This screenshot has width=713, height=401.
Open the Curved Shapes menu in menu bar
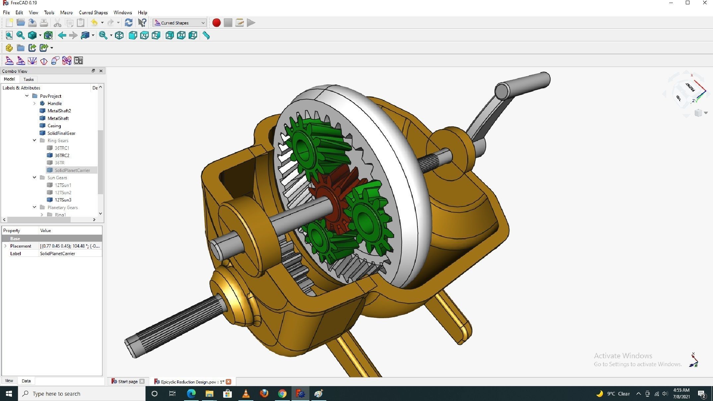[x=93, y=13]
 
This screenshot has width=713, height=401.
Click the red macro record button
[x=216, y=23]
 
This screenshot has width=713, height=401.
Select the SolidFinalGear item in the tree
[x=61, y=133]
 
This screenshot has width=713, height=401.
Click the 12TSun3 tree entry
[x=63, y=200]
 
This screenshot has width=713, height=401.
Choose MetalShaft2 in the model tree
[x=59, y=111]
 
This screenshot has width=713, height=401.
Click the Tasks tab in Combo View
[x=29, y=80]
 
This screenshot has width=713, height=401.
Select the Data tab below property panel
[x=26, y=381]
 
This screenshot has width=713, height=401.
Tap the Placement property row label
[x=21, y=246]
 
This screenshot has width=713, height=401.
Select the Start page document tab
[x=128, y=381]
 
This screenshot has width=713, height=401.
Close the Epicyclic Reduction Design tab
[x=228, y=381]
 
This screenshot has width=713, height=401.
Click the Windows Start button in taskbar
[x=9, y=394]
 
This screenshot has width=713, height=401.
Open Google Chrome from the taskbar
[x=282, y=394]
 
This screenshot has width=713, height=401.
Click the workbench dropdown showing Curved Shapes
[x=179, y=23]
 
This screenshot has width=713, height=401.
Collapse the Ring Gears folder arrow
[x=34, y=141]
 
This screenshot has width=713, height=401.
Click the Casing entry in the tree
[x=54, y=126]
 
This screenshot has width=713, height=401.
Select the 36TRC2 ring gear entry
[x=62, y=155]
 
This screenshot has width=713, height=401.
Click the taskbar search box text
[x=56, y=394]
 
